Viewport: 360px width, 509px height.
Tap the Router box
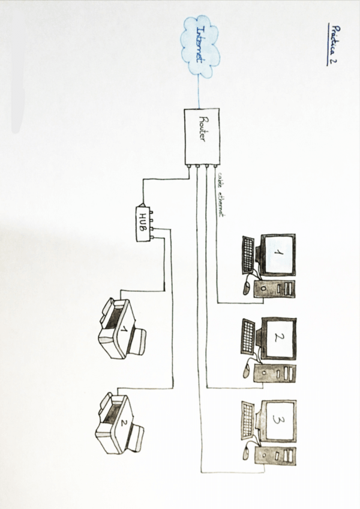[x=200, y=136]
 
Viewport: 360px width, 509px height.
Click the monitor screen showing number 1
[x=279, y=254]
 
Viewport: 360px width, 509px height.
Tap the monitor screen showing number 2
[x=279, y=337]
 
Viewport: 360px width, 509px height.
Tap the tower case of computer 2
[x=275, y=373]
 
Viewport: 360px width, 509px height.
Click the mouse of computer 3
[x=247, y=451]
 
